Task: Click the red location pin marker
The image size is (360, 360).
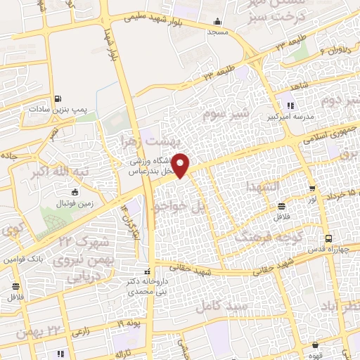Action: [x=181, y=165]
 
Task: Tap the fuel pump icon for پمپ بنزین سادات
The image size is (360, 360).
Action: [x=57, y=98]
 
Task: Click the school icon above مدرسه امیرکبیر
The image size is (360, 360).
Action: [x=288, y=106]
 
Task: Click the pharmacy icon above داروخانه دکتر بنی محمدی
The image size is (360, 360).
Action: [x=147, y=271]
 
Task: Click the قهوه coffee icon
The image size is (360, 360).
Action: [x=314, y=345]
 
